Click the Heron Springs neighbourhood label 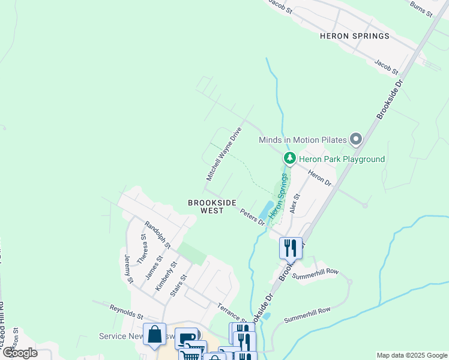[354, 36]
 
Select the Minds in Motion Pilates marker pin [356, 140]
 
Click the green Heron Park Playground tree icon [290, 159]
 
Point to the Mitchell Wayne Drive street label [224, 154]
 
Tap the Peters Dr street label [253, 217]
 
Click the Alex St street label [294, 203]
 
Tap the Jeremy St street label [128, 268]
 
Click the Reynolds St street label [127, 311]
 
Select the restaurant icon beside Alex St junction [291, 247]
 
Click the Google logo [19, 352]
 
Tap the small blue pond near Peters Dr [264, 211]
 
